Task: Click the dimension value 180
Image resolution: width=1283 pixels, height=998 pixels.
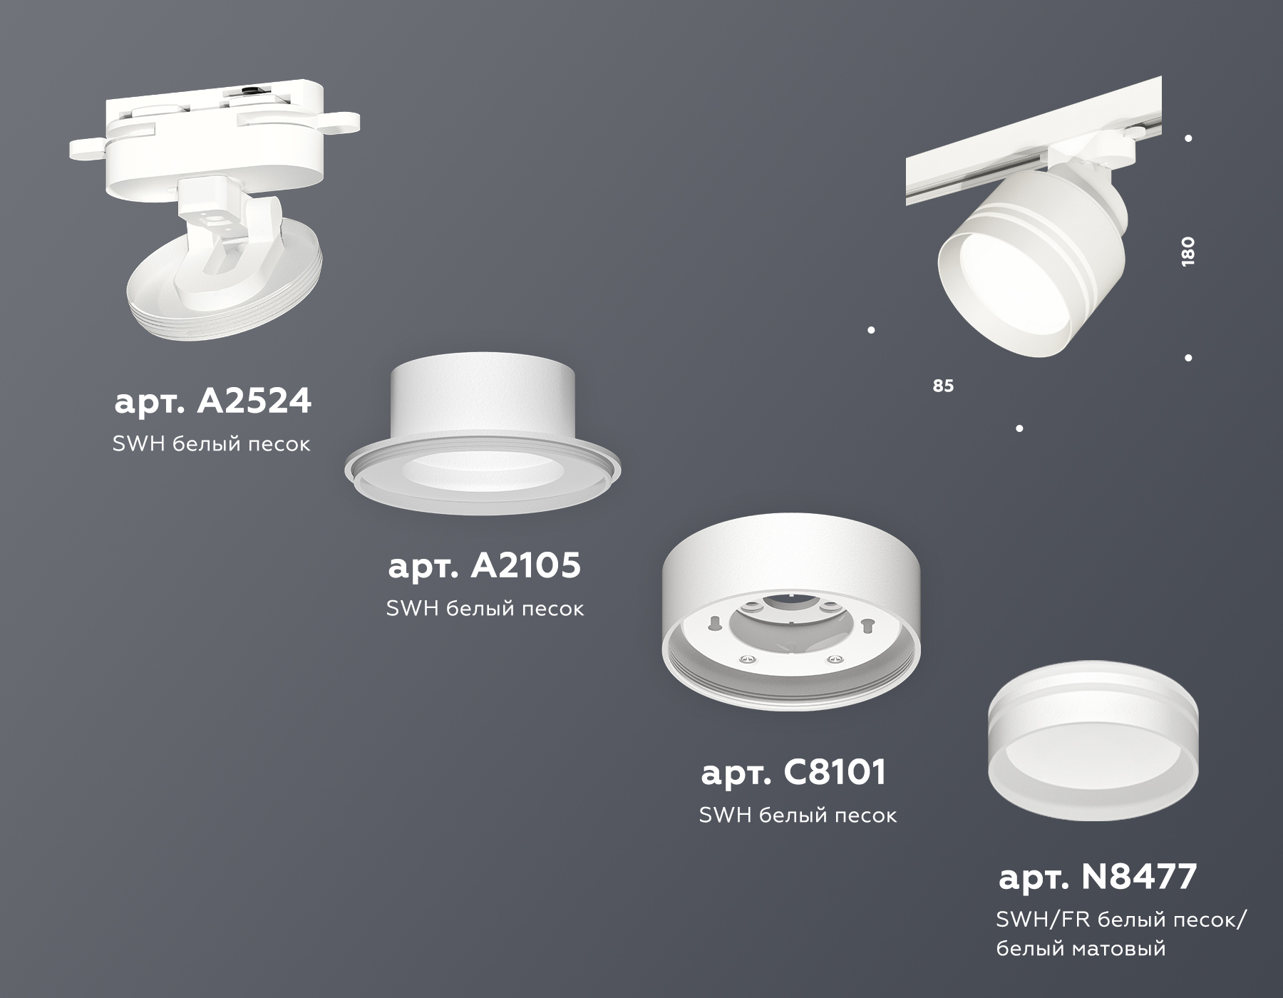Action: coord(1187,251)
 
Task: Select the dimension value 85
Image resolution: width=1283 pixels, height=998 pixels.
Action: coord(942,386)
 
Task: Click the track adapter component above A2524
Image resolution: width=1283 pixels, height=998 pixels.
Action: coord(214,128)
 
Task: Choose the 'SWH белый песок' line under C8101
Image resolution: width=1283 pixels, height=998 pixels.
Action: coord(798,815)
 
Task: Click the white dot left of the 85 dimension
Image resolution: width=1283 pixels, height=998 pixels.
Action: coord(871,330)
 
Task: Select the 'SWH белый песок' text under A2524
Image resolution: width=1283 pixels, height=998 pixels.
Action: coord(212,443)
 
